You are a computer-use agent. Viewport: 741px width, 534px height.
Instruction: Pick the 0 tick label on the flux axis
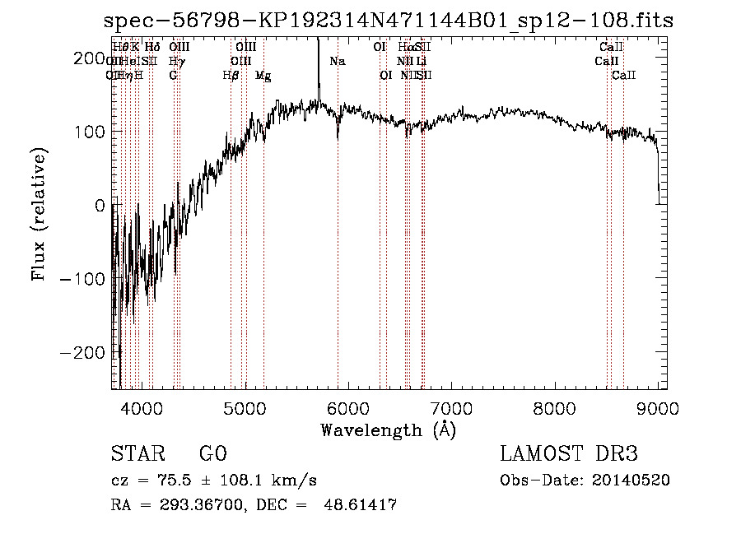100,206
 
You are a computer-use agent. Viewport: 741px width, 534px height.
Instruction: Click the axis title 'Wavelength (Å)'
389,430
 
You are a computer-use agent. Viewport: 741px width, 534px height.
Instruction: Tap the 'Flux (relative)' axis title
40,214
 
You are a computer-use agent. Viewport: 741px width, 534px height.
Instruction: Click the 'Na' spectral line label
338,61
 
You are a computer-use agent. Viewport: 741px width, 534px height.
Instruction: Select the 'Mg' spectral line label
263,76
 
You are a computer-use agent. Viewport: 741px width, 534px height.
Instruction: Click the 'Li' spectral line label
421,61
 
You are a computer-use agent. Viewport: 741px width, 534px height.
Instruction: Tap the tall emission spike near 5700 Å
318,66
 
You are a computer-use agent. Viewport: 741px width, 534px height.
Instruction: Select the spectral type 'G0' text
212,454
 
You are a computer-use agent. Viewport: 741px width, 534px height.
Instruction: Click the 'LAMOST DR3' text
569,454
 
